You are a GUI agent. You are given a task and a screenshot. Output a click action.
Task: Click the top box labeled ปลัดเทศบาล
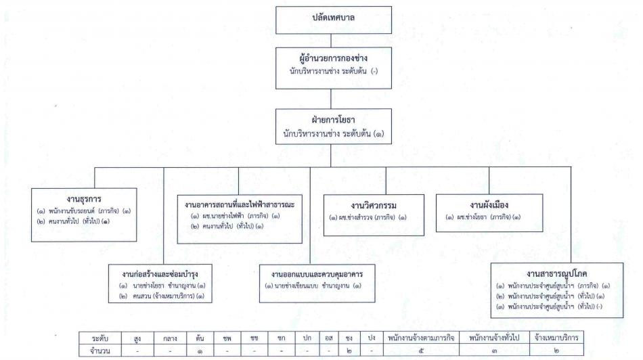[x=334, y=20]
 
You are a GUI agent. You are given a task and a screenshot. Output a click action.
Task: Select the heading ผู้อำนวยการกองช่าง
[x=334, y=58]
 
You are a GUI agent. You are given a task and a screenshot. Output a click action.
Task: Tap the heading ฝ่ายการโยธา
[x=334, y=120]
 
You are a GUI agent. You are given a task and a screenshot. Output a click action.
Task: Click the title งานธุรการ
[x=84, y=199]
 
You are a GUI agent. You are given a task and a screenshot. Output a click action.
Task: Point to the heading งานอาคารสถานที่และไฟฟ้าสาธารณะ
[x=240, y=204]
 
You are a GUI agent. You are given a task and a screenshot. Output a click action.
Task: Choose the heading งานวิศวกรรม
[x=374, y=206]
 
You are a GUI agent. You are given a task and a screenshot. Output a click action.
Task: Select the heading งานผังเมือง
[x=489, y=204]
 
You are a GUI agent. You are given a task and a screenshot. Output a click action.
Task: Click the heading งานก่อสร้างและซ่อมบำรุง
[x=160, y=274]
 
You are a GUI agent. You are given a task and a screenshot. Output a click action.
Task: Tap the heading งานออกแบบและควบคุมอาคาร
[x=317, y=274]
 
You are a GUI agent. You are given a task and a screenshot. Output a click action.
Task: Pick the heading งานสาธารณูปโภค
[x=556, y=273]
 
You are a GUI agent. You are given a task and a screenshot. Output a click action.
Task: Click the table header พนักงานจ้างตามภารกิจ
[x=421, y=338]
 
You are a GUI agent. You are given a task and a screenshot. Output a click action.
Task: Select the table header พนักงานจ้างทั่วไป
[x=494, y=338]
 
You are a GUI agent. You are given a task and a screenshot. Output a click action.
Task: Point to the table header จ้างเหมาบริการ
[x=556, y=338]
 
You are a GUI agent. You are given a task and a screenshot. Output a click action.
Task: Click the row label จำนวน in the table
[x=100, y=351]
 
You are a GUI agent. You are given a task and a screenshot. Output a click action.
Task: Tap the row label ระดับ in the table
[x=100, y=338]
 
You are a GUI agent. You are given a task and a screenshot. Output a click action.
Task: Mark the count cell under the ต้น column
[x=200, y=351]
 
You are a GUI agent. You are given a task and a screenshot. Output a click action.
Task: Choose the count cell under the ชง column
[x=349, y=351]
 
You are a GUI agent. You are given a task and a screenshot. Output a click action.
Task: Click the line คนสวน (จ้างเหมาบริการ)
[x=162, y=296]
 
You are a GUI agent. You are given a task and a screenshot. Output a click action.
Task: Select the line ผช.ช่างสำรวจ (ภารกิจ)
[x=368, y=217]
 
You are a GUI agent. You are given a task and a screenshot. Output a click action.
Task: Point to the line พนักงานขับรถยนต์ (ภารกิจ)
[x=84, y=211]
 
